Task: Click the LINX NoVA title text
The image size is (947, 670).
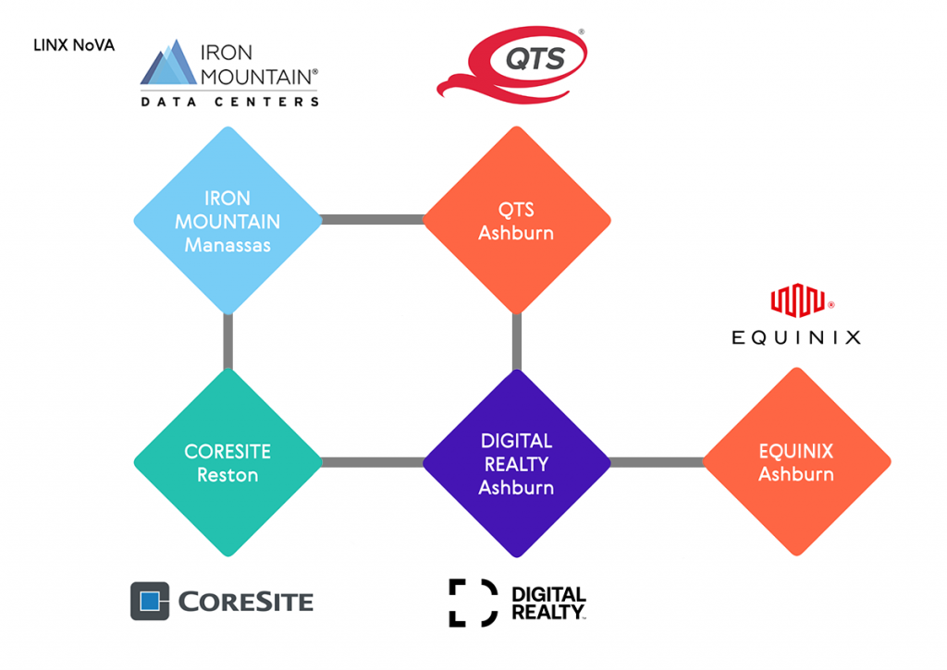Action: point(74,45)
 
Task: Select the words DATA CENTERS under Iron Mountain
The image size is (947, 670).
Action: point(229,102)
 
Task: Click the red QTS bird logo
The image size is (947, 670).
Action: point(511,64)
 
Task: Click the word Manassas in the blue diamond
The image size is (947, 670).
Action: point(228,246)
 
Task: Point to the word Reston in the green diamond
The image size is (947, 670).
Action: point(228,475)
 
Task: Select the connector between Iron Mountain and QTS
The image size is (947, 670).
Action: point(372,220)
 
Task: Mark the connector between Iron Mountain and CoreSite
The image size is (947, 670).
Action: point(228,341)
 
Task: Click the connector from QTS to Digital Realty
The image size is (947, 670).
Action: point(516,341)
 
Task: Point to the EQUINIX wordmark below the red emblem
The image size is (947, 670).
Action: point(796,337)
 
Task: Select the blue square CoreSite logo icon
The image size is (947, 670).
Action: point(150,602)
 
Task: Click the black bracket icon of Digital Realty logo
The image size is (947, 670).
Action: point(471,603)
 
